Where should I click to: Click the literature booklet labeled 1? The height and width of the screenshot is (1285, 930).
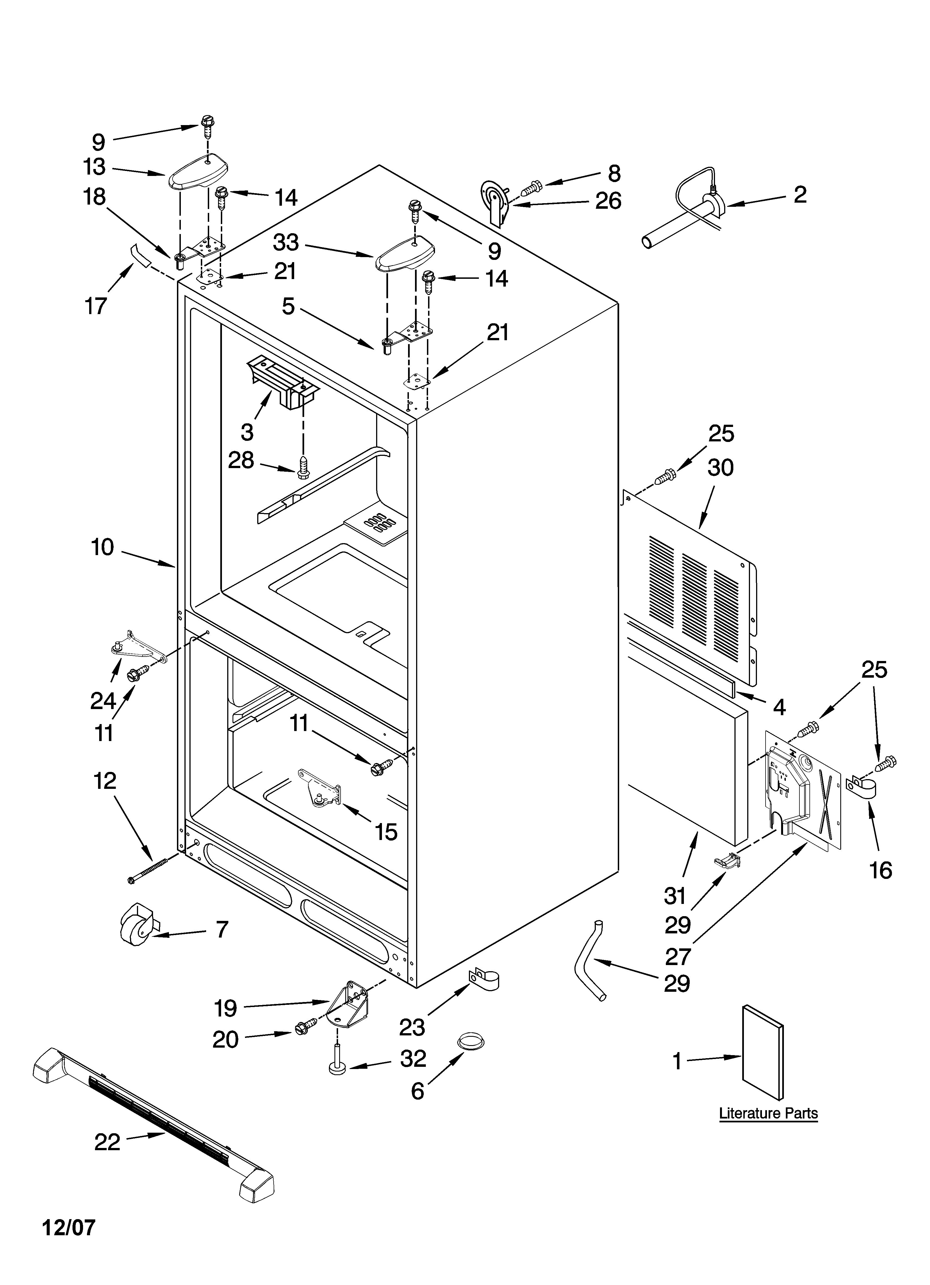pyautogui.click(x=763, y=1052)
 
